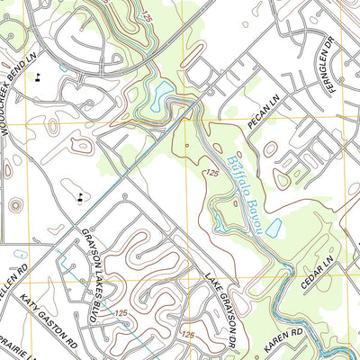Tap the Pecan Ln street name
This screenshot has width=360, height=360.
(263, 114)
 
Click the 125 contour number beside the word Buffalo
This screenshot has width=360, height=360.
(211, 172)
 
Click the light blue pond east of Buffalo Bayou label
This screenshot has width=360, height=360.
(274, 229)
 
